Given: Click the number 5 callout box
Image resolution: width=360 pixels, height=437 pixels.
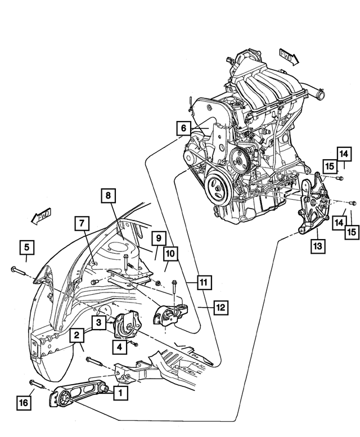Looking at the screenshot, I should pyautogui.click(x=26, y=246).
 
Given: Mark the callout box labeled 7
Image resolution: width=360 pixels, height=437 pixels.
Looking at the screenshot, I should pyautogui.click(x=82, y=224).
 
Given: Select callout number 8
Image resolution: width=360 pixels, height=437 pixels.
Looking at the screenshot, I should pyautogui.click(x=108, y=196).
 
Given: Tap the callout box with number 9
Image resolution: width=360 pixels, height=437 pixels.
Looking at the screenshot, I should pyautogui.click(x=158, y=238).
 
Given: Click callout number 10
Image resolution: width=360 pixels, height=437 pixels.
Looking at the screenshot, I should pyautogui.click(x=169, y=254).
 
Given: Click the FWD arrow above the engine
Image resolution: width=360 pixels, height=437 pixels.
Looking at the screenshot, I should pyautogui.click(x=289, y=56).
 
